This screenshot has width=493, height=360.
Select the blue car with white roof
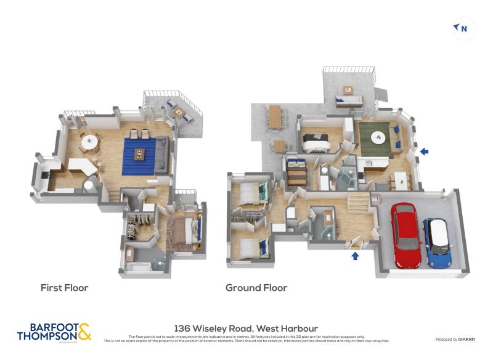coord(436,242)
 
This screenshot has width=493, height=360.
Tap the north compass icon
coord(463,28)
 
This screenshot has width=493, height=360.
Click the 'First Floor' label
coord(64,287)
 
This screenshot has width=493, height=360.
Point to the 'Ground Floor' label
coord(256,287)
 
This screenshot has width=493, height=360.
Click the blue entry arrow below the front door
coord(355,255)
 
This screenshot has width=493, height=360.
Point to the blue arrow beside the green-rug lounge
coord(423,150)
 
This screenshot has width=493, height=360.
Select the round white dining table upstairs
coord(90,141)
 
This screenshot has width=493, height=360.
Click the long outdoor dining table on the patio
coord(275,116)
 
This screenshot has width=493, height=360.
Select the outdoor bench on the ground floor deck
coord(348,100)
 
